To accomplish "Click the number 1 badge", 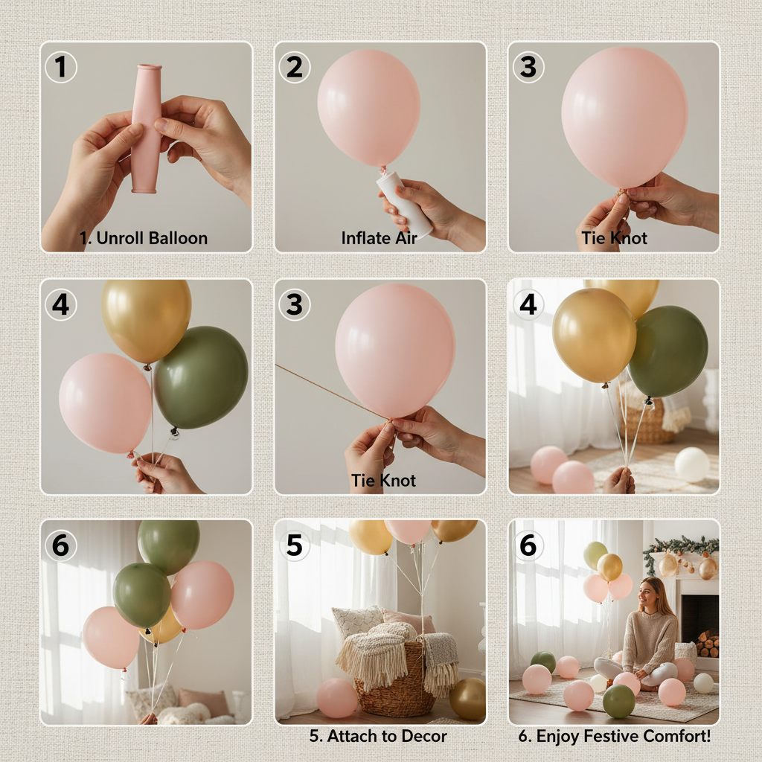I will click(60, 68).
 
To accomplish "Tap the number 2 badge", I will click(295, 68).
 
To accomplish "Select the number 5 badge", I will click(295, 545).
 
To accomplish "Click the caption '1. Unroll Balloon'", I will click(144, 238).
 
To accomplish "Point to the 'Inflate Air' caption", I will click(380, 238).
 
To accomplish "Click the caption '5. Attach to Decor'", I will click(378, 737).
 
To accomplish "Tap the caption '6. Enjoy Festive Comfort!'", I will click(615, 737).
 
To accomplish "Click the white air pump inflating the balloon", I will click(405, 201).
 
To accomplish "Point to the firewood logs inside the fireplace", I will click(707, 644).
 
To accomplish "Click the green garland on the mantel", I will click(681, 548).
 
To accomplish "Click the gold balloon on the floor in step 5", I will click(467, 698).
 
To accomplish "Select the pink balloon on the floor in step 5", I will click(336, 697).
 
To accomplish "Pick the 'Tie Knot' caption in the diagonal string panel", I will click(383, 481).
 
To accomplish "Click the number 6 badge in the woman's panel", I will click(528, 545).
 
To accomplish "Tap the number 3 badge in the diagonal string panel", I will click(295, 305).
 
